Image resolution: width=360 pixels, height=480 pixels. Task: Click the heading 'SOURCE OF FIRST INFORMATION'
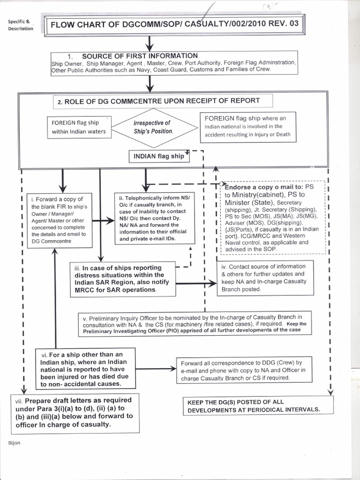(x=140, y=56)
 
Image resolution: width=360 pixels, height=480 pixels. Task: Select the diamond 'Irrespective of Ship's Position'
(x=152, y=127)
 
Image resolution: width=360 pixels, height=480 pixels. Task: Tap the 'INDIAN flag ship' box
(x=159, y=156)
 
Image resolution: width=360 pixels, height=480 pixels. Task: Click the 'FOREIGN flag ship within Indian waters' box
(x=79, y=127)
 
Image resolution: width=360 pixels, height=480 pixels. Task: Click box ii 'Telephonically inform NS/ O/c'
(x=154, y=218)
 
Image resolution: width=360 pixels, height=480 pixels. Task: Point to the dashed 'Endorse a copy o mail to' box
(x=272, y=217)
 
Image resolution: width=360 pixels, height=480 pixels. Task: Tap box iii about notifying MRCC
(x=123, y=278)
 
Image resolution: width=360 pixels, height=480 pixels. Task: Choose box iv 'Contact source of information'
(x=266, y=278)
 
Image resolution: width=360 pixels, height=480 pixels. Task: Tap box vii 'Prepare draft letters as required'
(x=75, y=412)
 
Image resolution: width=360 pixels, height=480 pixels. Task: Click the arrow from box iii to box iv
(x=196, y=283)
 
